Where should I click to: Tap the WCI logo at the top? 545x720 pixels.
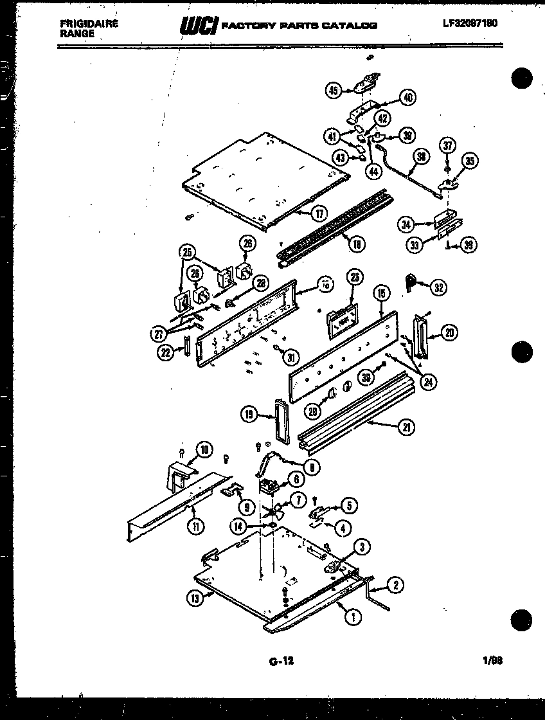199,25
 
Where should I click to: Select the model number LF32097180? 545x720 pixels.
470,23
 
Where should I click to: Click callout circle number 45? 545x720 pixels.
334,91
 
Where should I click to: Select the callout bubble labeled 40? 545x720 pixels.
407,98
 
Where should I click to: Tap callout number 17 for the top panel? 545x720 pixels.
319,213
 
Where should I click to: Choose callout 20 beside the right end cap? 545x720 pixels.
449,332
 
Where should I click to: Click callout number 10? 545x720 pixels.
203,450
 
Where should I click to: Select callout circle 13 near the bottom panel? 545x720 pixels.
195,598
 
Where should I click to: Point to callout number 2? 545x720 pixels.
396,585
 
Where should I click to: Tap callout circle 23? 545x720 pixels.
353,277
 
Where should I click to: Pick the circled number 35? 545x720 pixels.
472,161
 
